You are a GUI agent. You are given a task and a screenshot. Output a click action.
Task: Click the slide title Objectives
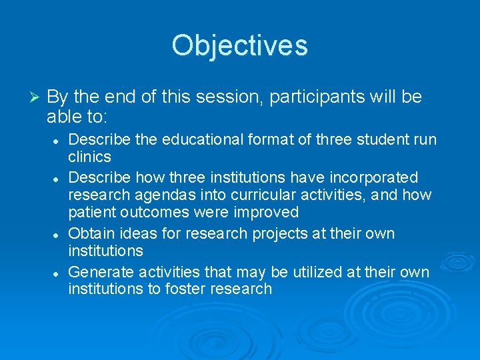(239, 46)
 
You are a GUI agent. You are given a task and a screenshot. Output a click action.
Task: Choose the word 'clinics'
(89, 157)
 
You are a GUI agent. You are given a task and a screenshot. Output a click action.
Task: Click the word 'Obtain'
(90, 234)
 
